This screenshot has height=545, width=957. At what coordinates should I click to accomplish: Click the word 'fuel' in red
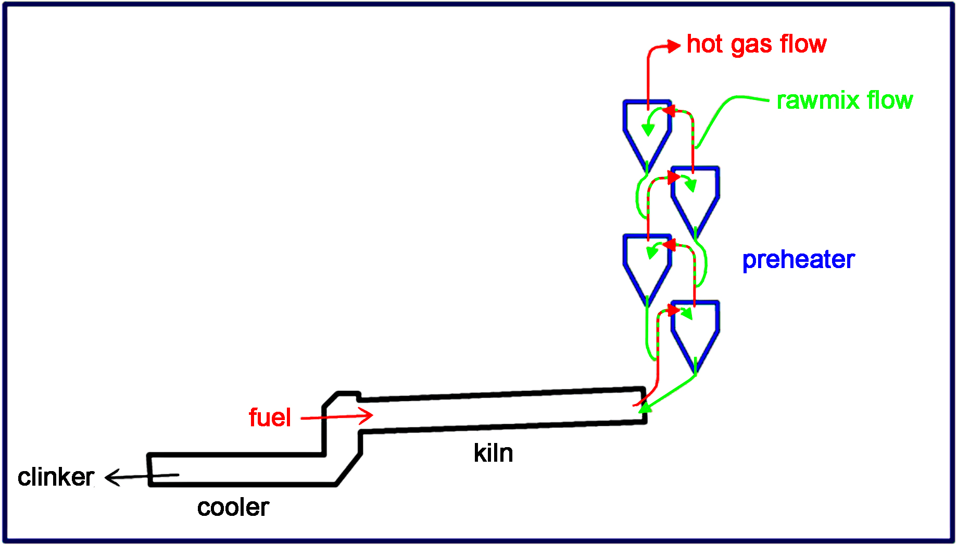click(x=270, y=417)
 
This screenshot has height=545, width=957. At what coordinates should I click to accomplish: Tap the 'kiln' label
click(x=493, y=453)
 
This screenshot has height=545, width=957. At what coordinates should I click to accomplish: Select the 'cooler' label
click(x=233, y=507)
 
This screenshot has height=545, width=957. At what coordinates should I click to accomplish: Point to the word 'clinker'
click(x=56, y=477)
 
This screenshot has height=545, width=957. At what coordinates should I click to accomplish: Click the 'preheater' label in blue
click(x=798, y=259)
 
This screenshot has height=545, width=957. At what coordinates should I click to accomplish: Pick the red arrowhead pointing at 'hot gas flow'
click(x=675, y=46)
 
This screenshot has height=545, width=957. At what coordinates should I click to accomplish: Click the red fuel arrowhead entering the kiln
click(x=368, y=415)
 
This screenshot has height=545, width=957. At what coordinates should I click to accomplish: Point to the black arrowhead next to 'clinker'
click(x=111, y=477)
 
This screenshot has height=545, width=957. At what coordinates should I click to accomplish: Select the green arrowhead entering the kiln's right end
click(x=645, y=407)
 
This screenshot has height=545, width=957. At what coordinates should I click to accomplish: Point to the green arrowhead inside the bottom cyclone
click(x=687, y=314)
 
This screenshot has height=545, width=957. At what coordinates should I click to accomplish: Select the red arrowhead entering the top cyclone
click(x=668, y=111)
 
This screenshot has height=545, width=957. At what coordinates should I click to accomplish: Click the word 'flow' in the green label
click(x=890, y=100)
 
